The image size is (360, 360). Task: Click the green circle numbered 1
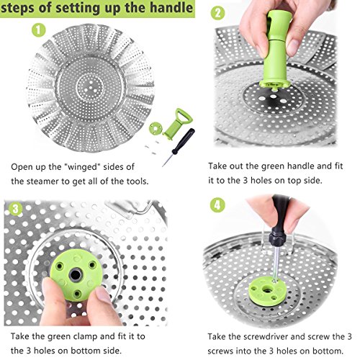(39, 30)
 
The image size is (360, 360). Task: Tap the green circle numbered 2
(217, 13)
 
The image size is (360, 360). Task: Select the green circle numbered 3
(16, 209)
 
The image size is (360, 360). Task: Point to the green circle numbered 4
(217, 205)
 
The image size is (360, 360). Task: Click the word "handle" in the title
(171, 8)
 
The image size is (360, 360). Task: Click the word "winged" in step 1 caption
(82, 166)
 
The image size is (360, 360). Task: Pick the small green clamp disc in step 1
(155, 128)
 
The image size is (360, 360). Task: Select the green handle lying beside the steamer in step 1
(177, 124)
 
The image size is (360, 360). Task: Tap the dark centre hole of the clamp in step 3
(75, 275)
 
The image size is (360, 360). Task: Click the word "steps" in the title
(18, 9)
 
